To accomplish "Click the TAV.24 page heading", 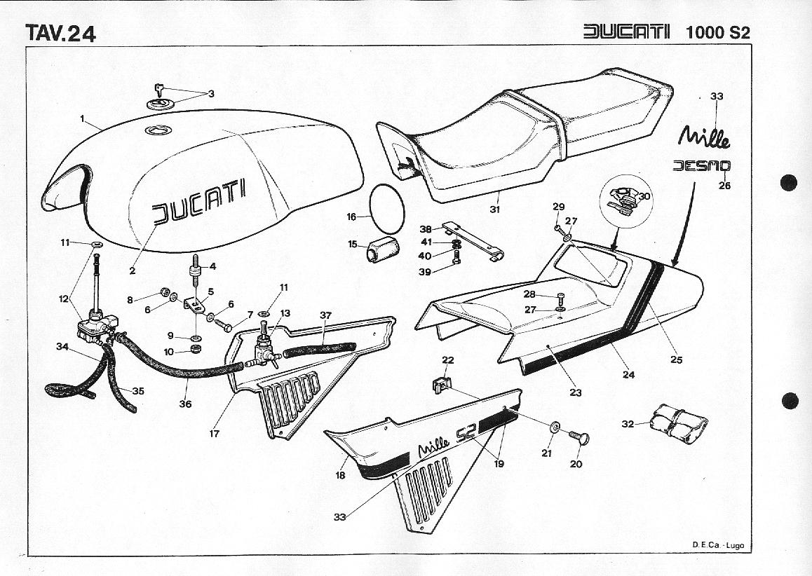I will pyautogui.click(x=60, y=33).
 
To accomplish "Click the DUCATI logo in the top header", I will pyautogui.click(x=626, y=32).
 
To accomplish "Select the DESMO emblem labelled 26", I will pyautogui.click(x=701, y=167).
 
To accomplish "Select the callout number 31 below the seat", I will pyautogui.click(x=495, y=209).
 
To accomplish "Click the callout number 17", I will pyautogui.click(x=214, y=434).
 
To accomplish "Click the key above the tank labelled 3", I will pyautogui.click(x=159, y=89).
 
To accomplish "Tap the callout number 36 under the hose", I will pyautogui.click(x=185, y=404).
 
